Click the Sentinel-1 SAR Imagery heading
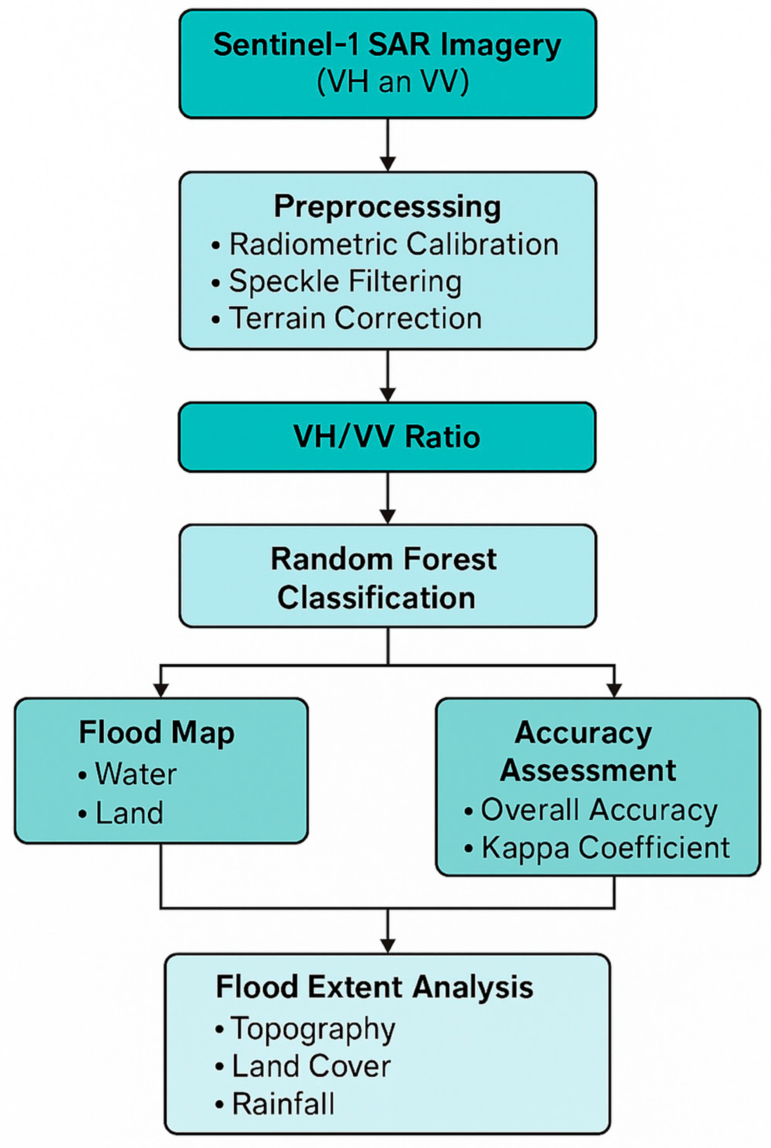click(387, 45)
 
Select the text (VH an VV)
click(393, 81)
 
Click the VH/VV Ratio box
click(387, 436)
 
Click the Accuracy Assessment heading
click(588, 751)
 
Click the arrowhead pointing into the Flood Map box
click(161, 691)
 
